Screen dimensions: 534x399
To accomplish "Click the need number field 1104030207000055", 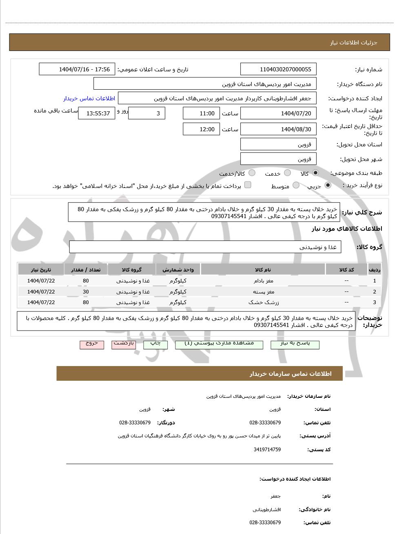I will point(278,69).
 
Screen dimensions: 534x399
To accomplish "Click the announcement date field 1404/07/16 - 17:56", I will point(77,69).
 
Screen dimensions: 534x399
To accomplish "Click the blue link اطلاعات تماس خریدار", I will point(89,98).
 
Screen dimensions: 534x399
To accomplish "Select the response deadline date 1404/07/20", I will point(278,113).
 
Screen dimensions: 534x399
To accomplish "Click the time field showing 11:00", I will point(201,113).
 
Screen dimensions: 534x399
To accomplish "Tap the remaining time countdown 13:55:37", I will point(97,113).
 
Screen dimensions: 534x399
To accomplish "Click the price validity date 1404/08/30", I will point(278,129).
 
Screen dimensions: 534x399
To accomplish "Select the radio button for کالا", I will point(315,173).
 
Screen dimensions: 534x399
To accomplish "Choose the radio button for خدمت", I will point(287,173).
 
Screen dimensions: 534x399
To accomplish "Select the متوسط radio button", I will point(296,185).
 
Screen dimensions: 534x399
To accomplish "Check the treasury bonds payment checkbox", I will point(248,185).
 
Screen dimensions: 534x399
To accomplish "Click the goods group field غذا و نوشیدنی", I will point(205,247).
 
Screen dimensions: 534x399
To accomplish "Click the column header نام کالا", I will point(263,269).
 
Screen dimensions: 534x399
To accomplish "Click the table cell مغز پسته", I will point(263,291).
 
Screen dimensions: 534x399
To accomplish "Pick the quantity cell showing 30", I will point(86,291).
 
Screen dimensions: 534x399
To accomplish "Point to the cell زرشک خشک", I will point(263,302).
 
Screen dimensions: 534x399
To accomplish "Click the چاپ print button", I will point(155,344).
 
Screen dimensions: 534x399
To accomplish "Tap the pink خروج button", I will point(92,344).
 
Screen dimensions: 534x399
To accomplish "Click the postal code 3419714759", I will point(267,450).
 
